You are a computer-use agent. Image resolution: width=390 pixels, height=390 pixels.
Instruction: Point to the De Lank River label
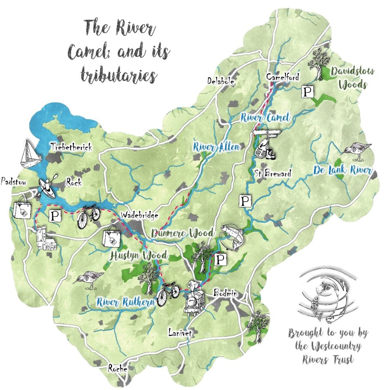pyautogui.click(x=342, y=170)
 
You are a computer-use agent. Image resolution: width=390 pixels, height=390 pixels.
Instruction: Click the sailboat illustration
pyautogui.click(x=30, y=154)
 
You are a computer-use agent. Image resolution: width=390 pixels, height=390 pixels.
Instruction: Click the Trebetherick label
pyautogui.click(x=72, y=147)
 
